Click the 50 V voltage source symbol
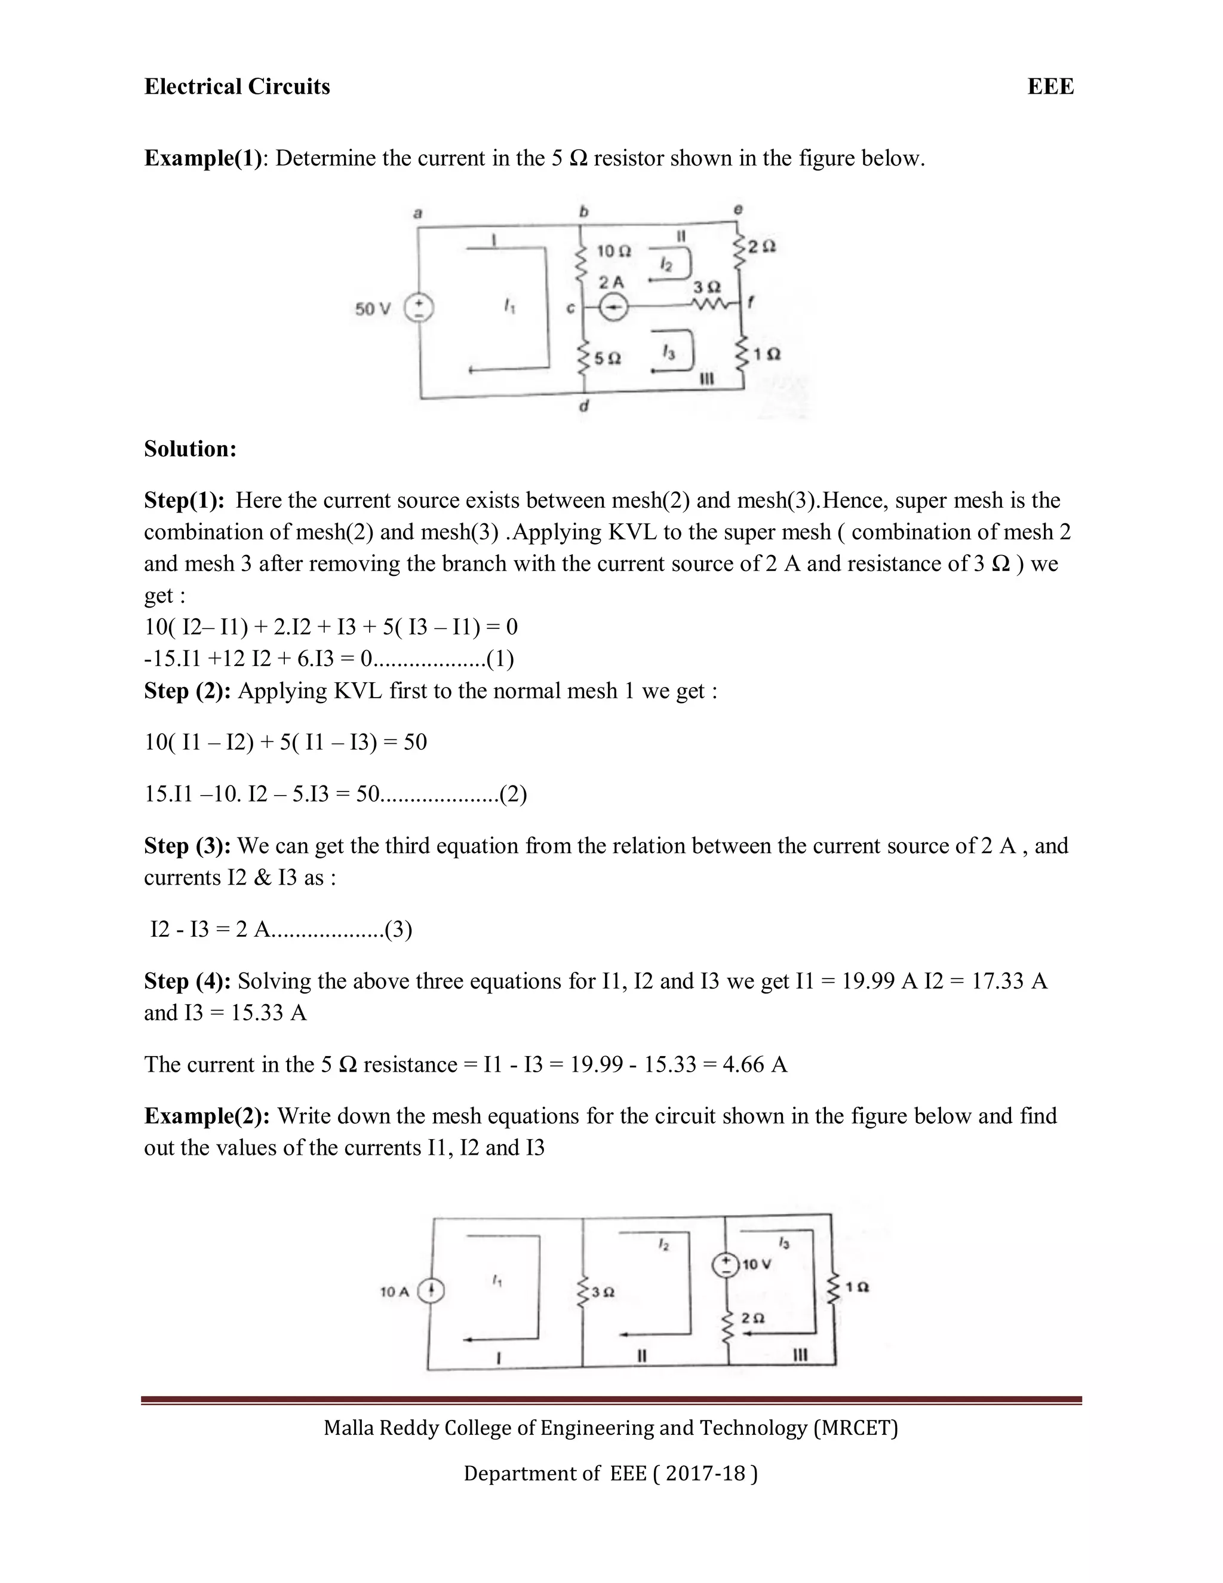pos(419,309)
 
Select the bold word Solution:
pos(190,449)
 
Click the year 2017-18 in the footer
pos(705,1473)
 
